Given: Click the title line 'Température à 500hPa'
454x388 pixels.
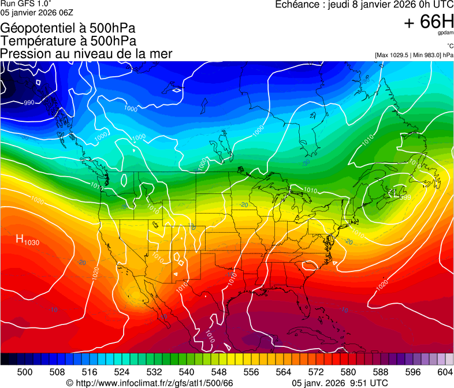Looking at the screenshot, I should (68, 40).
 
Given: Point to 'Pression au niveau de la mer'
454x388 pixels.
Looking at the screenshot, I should (86, 54).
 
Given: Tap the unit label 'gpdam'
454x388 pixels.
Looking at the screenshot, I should (444, 33).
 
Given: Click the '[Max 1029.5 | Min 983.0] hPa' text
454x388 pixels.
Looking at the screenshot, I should (414, 55).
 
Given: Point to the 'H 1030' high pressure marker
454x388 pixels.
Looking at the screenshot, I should (27, 240).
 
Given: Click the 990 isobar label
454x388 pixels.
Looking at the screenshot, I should (28, 103).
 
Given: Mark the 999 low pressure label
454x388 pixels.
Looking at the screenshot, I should (405, 197).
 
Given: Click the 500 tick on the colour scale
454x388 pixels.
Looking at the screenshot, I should (25, 372).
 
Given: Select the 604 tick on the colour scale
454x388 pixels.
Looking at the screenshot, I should (445, 372).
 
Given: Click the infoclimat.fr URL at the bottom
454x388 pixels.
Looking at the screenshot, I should (150, 383).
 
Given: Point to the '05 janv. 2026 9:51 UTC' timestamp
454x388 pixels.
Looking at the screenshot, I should (340, 383).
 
